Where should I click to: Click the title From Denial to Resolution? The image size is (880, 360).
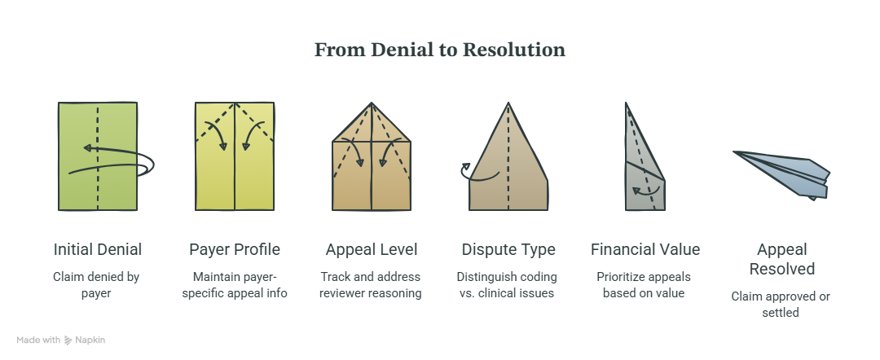pos(439,50)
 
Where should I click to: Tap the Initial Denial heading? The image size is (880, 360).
pos(98,249)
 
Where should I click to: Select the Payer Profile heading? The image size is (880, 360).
pos(235,249)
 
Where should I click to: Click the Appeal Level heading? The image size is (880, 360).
pos(372,249)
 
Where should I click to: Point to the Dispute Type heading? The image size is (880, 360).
pos(508,249)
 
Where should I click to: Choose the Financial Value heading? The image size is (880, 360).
pos(645,249)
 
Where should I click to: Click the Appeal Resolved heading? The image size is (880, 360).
pos(781,259)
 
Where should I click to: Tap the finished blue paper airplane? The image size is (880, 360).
pos(781,174)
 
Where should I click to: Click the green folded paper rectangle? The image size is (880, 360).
pos(98,156)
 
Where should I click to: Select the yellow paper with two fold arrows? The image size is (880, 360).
pos(235,156)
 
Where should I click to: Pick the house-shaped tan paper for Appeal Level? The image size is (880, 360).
pos(372,156)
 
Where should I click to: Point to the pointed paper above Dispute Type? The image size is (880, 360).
pos(508,163)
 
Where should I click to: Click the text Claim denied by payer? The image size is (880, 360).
pos(96,285)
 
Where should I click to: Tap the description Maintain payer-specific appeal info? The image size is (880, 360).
pos(235,285)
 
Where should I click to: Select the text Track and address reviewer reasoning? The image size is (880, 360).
pos(371,285)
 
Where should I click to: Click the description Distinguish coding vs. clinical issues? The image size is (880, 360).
pos(507,285)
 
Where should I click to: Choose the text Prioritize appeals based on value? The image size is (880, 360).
pos(644,285)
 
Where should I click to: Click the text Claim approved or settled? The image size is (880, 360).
pos(781,304)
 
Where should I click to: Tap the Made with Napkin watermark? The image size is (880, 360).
pos(60,340)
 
